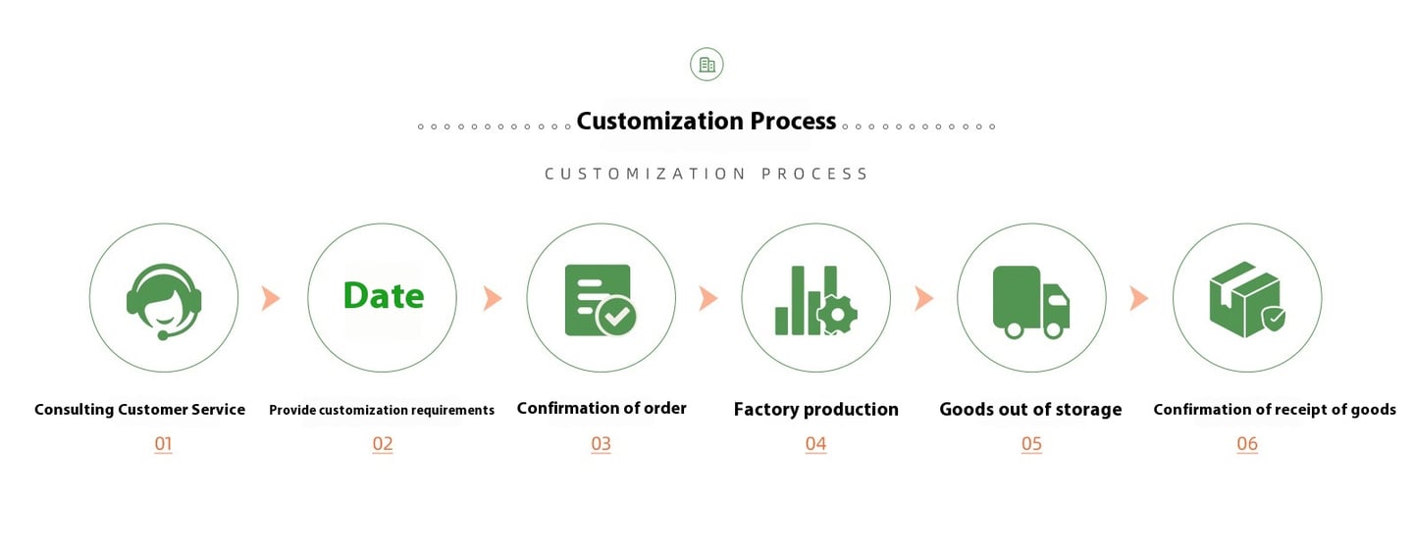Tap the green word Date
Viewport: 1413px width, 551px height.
point(384,296)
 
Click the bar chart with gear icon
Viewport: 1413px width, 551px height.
point(815,300)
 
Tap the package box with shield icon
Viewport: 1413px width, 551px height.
point(1246,300)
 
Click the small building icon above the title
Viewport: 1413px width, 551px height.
point(706,65)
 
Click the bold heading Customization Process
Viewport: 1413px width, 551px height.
point(706,122)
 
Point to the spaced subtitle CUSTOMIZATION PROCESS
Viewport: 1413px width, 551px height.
point(706,175)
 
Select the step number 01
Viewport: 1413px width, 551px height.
point(164,444)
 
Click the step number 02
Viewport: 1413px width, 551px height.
point(383,444)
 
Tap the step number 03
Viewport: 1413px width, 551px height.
point(601,444)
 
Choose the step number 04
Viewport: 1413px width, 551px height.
point(815,444)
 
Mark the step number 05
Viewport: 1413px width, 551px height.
point(1031,444)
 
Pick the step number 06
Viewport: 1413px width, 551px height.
point(1247,444)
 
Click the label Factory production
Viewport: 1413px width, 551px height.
point(815,410)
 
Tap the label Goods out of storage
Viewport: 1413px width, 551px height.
point(1030,410)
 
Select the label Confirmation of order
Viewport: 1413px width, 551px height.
point(602,408)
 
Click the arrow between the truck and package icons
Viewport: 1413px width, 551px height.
point(1139,298)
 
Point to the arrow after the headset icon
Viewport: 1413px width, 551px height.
point(271,298)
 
